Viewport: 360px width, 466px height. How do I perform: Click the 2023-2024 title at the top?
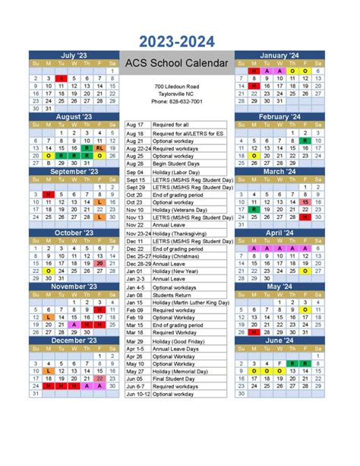pyautogui.click(x=180, y=41)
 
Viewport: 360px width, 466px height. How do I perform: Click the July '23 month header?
pyautogui.click(x=73, y=55)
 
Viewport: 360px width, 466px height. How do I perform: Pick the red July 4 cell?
pyautogui.click(x=61, y=78)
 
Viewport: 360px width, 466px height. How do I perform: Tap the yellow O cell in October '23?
pyautogui.click(x=47, y=271)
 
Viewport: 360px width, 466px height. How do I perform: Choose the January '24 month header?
pyautogui.click(x=279, y=55)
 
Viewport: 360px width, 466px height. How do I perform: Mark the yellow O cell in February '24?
pyautogui.click(x=254, y=155)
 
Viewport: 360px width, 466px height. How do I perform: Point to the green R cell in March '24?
pyautogui.click(x=254, y=210)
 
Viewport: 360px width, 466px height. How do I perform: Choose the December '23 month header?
pyautogui.click(x=73, y=341)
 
